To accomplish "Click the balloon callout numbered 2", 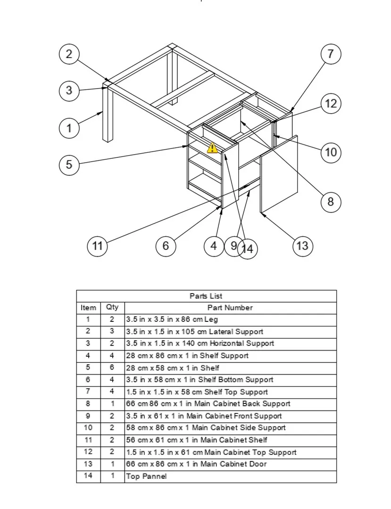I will click(69, 54).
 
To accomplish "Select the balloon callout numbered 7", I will click(331, 54).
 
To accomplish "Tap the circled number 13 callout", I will click(302, 245).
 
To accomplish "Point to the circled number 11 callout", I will click(97, 246).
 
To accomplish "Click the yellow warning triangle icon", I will click(212, 148).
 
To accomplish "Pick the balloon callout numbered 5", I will click(69, 164).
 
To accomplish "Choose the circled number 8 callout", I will click(330, 202).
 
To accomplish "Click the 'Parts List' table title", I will click(206, 296).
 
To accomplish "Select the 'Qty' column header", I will click(112, 307).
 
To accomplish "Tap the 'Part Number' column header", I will click(230, 308).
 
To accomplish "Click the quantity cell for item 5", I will click(112, 368).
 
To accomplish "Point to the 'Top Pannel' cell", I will click(146, 476).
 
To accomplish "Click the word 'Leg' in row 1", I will click(211, 320).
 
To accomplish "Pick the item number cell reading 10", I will click(88, 428).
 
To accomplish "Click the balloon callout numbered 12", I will click(331, 104).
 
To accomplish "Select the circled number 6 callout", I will click(166, 246).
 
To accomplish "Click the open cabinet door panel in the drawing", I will click(279, 174).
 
